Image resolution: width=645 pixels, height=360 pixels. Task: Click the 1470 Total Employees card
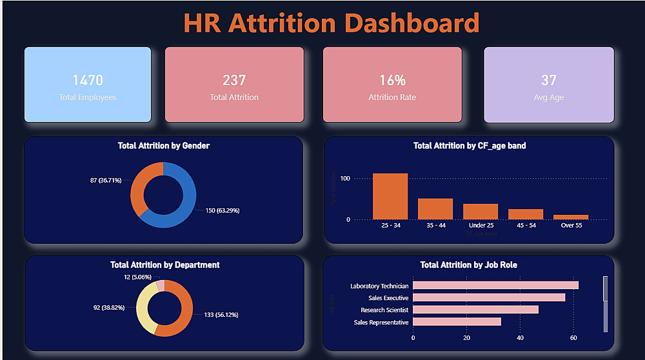point(88,85)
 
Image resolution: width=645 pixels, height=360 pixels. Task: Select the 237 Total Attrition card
point(234,85)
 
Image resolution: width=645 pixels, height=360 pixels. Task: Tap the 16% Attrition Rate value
point(392,81)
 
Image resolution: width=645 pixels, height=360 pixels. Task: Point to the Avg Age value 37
point(549,81)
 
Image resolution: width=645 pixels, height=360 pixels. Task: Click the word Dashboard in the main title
point(410,23)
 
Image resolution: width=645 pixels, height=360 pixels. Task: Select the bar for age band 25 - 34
point(390,196)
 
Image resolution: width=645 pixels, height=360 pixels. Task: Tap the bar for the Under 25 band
point(481,212)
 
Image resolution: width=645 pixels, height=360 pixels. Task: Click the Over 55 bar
point(571,217)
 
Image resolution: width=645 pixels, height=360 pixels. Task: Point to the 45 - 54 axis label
point(526,226)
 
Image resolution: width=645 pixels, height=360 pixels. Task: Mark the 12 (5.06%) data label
point(137,277)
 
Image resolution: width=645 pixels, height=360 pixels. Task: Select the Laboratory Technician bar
point(495,285)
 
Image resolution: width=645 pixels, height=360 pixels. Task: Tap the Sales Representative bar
point(457,321)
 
